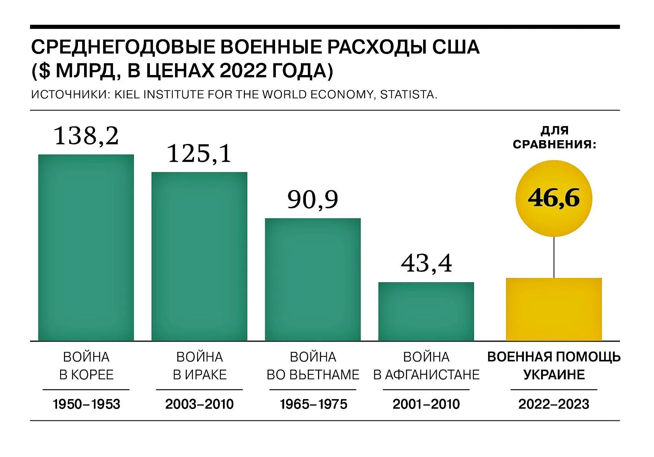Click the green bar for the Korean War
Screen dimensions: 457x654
86,248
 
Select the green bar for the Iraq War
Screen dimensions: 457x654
199,256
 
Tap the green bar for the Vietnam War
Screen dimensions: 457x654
313,279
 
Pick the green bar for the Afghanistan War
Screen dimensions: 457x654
426,311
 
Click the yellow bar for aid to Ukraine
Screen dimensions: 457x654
554,309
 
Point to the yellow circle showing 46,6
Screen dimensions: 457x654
554,198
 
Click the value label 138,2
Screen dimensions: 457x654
86,136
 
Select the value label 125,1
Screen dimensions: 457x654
199,153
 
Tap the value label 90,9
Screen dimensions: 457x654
313,200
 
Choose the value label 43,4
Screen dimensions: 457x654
426,263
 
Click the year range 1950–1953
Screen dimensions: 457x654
86,404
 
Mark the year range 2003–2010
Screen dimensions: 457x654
199,404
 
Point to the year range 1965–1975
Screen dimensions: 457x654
313,404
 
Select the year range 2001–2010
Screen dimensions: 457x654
426,404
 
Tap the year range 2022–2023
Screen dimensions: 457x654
554,404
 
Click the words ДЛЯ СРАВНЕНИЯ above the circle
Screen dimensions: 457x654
554,137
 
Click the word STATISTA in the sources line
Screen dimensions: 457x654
407,94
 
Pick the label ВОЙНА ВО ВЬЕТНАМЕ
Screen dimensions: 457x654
313,366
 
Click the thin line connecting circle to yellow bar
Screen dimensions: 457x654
554,257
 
